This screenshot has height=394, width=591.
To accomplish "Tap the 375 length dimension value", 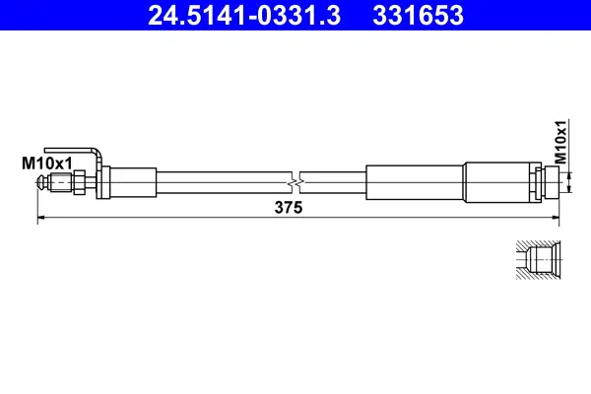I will coord(289,208).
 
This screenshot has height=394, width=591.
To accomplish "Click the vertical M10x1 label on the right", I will coord(559,142).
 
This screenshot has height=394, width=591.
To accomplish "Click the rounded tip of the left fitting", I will coord(41,182).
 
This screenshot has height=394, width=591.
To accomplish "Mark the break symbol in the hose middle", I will coord(296,182).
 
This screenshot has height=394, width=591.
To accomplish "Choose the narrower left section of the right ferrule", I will coord(415,182).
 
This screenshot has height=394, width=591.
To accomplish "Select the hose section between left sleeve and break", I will coord(222,182).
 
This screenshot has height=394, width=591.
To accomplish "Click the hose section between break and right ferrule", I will coord(335,182).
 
